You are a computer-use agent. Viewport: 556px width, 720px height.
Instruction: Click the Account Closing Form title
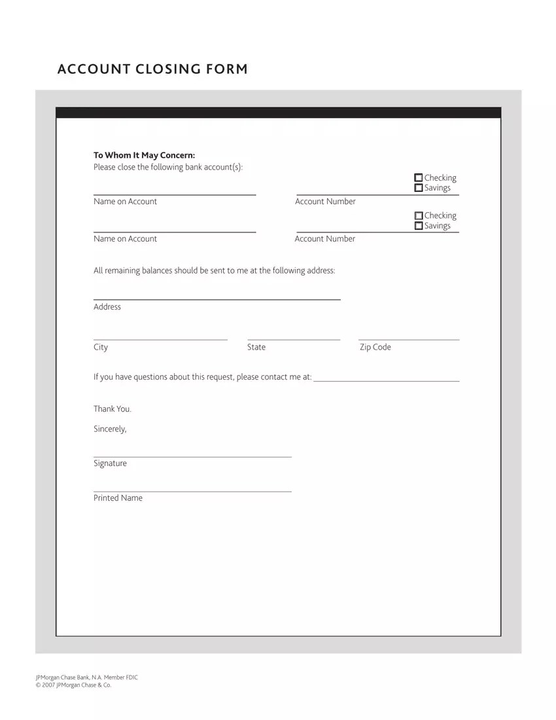click(x=152, y=69)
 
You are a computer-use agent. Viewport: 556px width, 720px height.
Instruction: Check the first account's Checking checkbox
click(x=419, y=178)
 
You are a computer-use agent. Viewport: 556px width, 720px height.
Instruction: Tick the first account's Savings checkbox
click(x=419, y=188)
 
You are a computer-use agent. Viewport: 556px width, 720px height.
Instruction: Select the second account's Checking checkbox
click(x=419, y=215)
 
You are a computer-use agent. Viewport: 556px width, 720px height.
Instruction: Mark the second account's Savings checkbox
click(x=419, y=226)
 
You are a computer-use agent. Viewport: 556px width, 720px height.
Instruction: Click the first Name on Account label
click(x=125, y=202)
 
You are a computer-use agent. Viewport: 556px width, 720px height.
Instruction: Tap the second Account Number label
click(x=325, y=239)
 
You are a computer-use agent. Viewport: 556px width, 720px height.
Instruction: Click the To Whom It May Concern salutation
click(x=144, y=155)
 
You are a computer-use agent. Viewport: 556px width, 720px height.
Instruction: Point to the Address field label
click(x=107, y=307)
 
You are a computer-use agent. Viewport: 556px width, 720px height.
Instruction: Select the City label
click(x=101, y=347)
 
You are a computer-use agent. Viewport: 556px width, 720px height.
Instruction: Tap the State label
click(x=256, y=347)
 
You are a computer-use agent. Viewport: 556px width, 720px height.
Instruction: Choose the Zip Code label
click(x=375, y=347)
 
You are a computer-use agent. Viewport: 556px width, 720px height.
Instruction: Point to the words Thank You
click(x=113, y=409)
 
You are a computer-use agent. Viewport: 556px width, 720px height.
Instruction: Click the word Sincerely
click(x=110, y=429)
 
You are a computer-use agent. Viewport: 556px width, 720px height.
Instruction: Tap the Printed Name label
click(x=118, y=498)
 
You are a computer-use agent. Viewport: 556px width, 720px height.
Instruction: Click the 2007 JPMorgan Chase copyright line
click(x=73, y=685)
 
